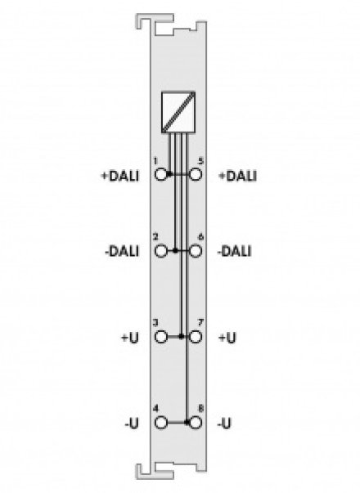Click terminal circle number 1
pyautogui.click(x=161, y=174)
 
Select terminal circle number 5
pyautogui.click(x=195, y=174)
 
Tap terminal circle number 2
pyautogui.click(x=161, y=251)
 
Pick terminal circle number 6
pyautogui.click(x=195, y=251)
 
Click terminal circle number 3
pyautogui.click(x=161, y=337)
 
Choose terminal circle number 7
pyautogui.click(x=195, y=337)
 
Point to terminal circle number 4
pyautogui.click(x=161, y=423)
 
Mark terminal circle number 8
pyautogui.click(x=195, y=423)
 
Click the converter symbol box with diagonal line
pyautogui.click(x=178, y=112)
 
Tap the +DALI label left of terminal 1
pyautogui.click(x=120, y=176)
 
